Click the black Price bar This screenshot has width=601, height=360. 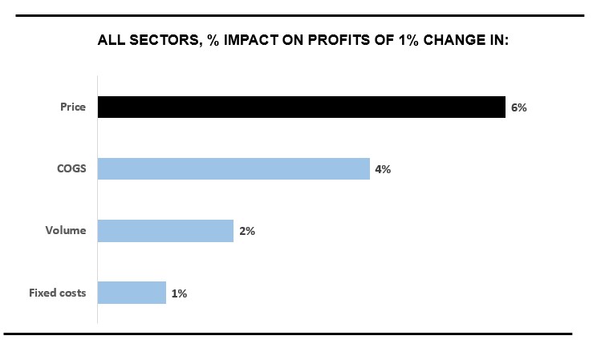(x=301, y=107)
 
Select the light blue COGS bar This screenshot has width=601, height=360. (x=233, y=169)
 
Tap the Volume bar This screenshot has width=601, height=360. (x=165, y=231)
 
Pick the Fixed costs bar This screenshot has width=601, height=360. (x=132, y=293)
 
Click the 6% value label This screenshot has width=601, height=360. (x=518, y=107)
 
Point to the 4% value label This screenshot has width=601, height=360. (x=382, y=169)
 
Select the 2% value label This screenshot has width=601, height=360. (x=246, y=232)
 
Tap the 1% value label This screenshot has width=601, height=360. (x=178, y=293)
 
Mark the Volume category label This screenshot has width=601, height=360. (x=65, y=232)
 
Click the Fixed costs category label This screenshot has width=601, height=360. (x=57, y=293)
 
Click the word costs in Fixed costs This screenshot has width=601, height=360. (x=72, y=293)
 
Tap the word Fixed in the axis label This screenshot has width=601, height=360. (x=42, y=293)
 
